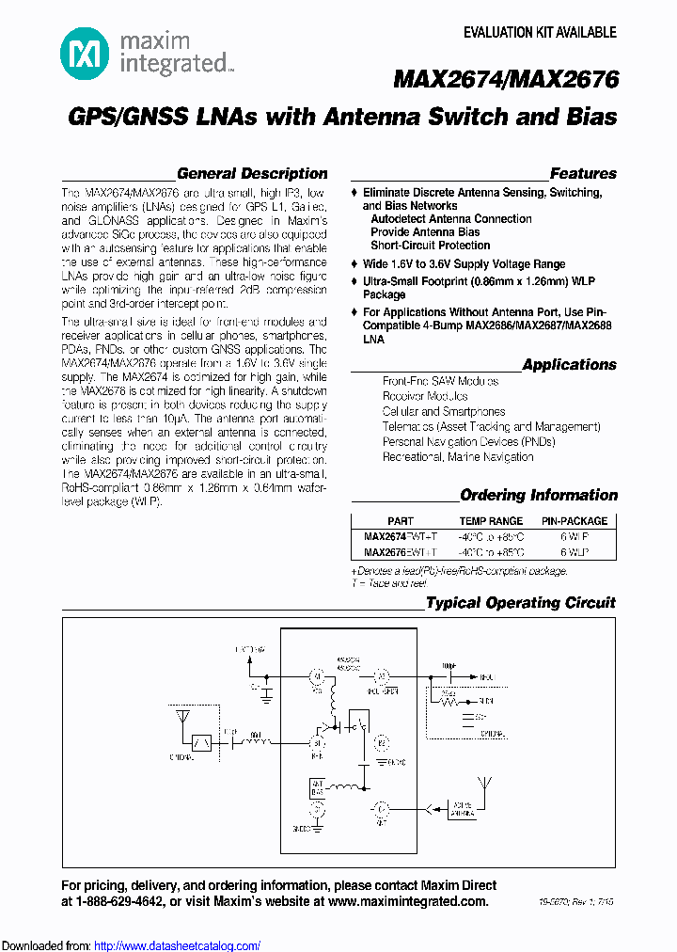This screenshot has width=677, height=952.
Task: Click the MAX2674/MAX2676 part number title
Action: tap(505, 80)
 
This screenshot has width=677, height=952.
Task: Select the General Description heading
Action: tap(252, 174)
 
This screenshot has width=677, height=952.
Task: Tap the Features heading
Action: tap(583, 174)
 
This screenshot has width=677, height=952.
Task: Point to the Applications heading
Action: tap(569, 365)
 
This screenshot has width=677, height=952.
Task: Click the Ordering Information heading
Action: tap(538, 496)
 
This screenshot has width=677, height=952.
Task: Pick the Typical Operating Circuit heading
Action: tap(520, 603)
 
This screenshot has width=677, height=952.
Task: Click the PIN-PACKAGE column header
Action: tap(574, 521)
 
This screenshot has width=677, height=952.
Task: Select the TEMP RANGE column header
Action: tap(491, 521)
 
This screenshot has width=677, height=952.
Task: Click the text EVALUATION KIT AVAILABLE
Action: tap(540, 33)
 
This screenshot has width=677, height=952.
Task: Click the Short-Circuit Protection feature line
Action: tap(431, 246)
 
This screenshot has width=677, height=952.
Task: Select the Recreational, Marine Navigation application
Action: tap(457, 457)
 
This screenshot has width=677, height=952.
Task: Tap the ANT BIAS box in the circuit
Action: tap(318, 786)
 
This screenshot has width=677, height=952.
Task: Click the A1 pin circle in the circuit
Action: tap(317, 675)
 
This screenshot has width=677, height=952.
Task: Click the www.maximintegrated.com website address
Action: tap(409, 901)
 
